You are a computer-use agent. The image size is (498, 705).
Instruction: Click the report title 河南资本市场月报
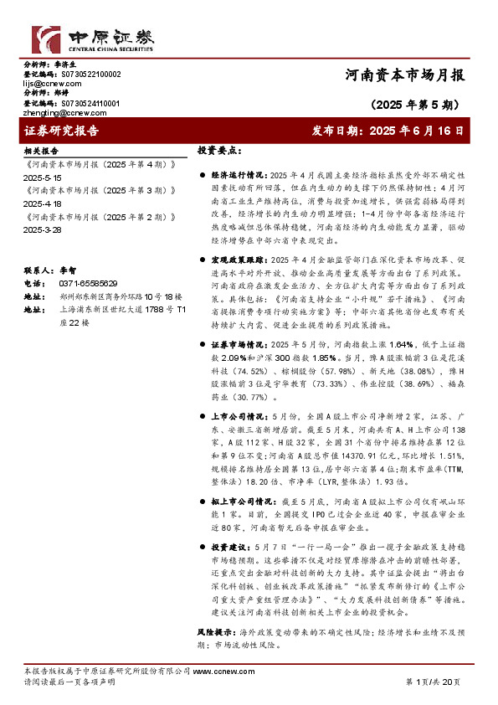click(404, 75)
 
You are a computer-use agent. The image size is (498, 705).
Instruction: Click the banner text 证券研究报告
click(62, 131)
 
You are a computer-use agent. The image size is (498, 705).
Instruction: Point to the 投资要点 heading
click(219, 151)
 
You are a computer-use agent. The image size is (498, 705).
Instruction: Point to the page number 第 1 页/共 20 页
click(433, 682)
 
